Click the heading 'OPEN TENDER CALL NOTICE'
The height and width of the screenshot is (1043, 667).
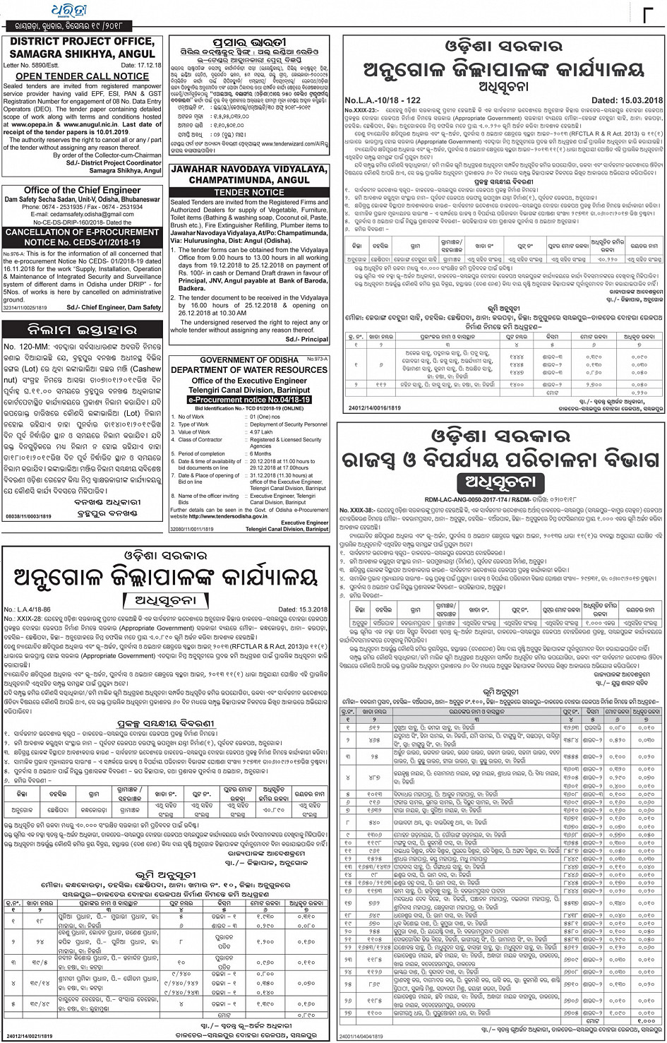pos(82,76)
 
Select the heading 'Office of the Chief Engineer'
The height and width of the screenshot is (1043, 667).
pos(83,191)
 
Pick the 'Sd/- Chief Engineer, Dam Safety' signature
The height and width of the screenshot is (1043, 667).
pos(114,307)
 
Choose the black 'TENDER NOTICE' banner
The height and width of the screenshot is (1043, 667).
pos(248,192)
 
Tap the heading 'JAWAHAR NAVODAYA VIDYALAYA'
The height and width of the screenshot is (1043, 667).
pos(248,170)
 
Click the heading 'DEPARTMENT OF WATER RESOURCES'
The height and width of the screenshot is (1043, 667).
pos(248,370)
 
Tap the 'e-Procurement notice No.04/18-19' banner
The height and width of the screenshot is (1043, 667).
pos(249,400)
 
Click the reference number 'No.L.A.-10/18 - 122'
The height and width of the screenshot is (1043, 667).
pos(382,101)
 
